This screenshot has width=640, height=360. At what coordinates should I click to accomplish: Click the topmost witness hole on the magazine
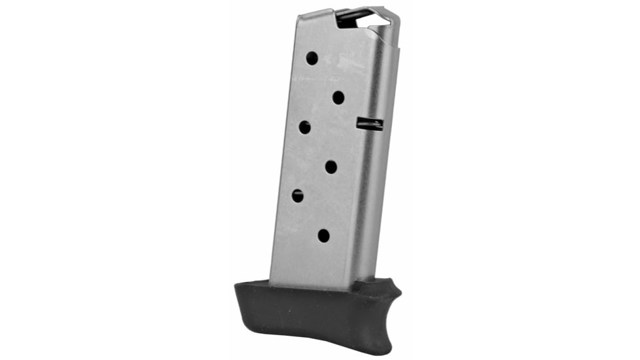(x=312, y=58)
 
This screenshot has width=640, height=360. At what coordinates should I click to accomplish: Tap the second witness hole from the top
(x=338, y=98)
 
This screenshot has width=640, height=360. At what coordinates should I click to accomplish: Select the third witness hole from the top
(x=305, y=127)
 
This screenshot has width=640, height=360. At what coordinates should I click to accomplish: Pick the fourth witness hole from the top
(x=331, y=167)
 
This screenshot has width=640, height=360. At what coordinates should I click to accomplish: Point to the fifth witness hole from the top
(x=298, y=195)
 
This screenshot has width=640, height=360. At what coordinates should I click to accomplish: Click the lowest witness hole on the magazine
(x=324, y=236)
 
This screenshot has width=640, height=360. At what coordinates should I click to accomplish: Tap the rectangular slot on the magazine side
(x=370, y=124)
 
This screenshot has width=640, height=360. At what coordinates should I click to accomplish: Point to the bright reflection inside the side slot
(x=374, y=122)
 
